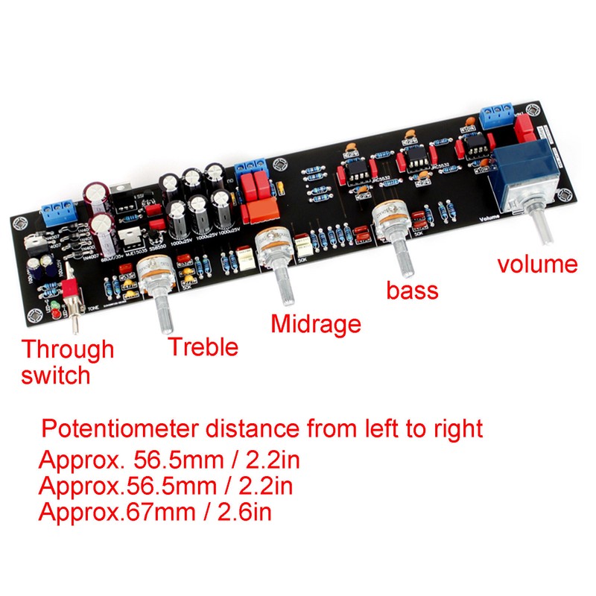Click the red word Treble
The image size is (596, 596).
click(x=203, y=346)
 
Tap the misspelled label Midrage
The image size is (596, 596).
click(x=315, y=324)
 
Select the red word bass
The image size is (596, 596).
click(x=412, y=289)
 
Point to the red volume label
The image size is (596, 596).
click(x=537, y=264)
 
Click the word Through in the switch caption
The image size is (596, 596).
click(x=67, y=349)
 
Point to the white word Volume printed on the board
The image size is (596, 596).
click(x=492, y=218)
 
